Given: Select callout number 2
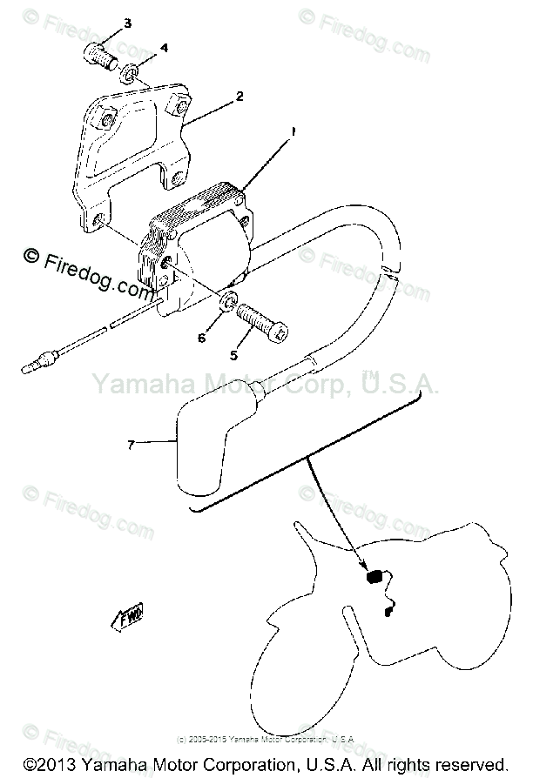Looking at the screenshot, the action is [x=239, y=96].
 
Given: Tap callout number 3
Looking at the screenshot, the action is [x=127, y=23].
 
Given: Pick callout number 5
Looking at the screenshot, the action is [x=233, y=354].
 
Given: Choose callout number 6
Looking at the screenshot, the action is [x=201, y=338].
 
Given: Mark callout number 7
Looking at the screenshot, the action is [x=131, y=445].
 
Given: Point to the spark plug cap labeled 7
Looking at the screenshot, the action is [x=210, y=452].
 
